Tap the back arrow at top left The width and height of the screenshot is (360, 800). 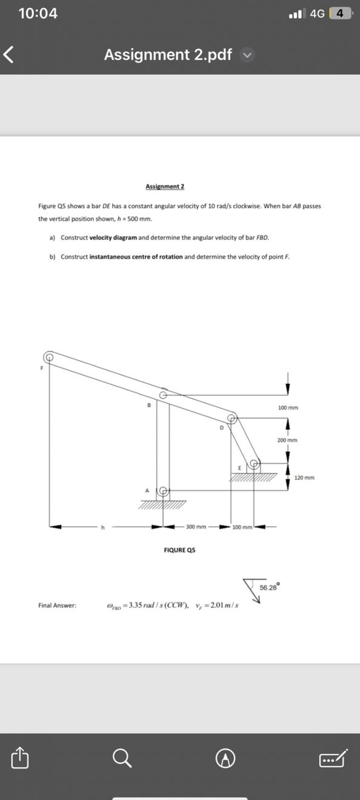click(x=8, y=55)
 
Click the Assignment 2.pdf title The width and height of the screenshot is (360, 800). click(x=168, y=55)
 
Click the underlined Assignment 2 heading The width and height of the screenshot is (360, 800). click(x=165, y=186)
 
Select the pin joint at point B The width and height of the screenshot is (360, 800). click(x=163, y=394)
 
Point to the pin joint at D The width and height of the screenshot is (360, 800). click(x=232, y=418)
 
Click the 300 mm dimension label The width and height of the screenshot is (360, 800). click(x=196, y=527)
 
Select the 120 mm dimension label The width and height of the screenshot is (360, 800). click(x=304, y=478)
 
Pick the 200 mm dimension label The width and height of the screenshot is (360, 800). click(x=287, y=440)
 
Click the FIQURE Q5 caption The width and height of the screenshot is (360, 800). click(x=179, y=550)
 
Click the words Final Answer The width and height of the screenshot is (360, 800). click(x=57, y=605)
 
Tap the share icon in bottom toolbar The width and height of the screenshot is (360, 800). click(x=19, y=757)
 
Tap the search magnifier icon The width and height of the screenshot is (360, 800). click(x=122, y=758)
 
